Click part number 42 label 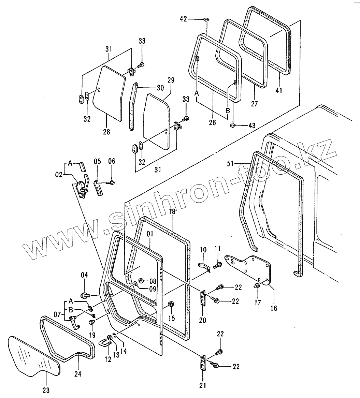point(183,19)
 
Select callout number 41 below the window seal point(279,91)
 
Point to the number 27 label point(255,104)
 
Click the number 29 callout point(171,80)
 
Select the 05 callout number point(97,161)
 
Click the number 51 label point(231,164)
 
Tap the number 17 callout point(258,302)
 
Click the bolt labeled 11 point(218,264)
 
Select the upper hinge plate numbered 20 point(204,299)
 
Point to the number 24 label point(78,374)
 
